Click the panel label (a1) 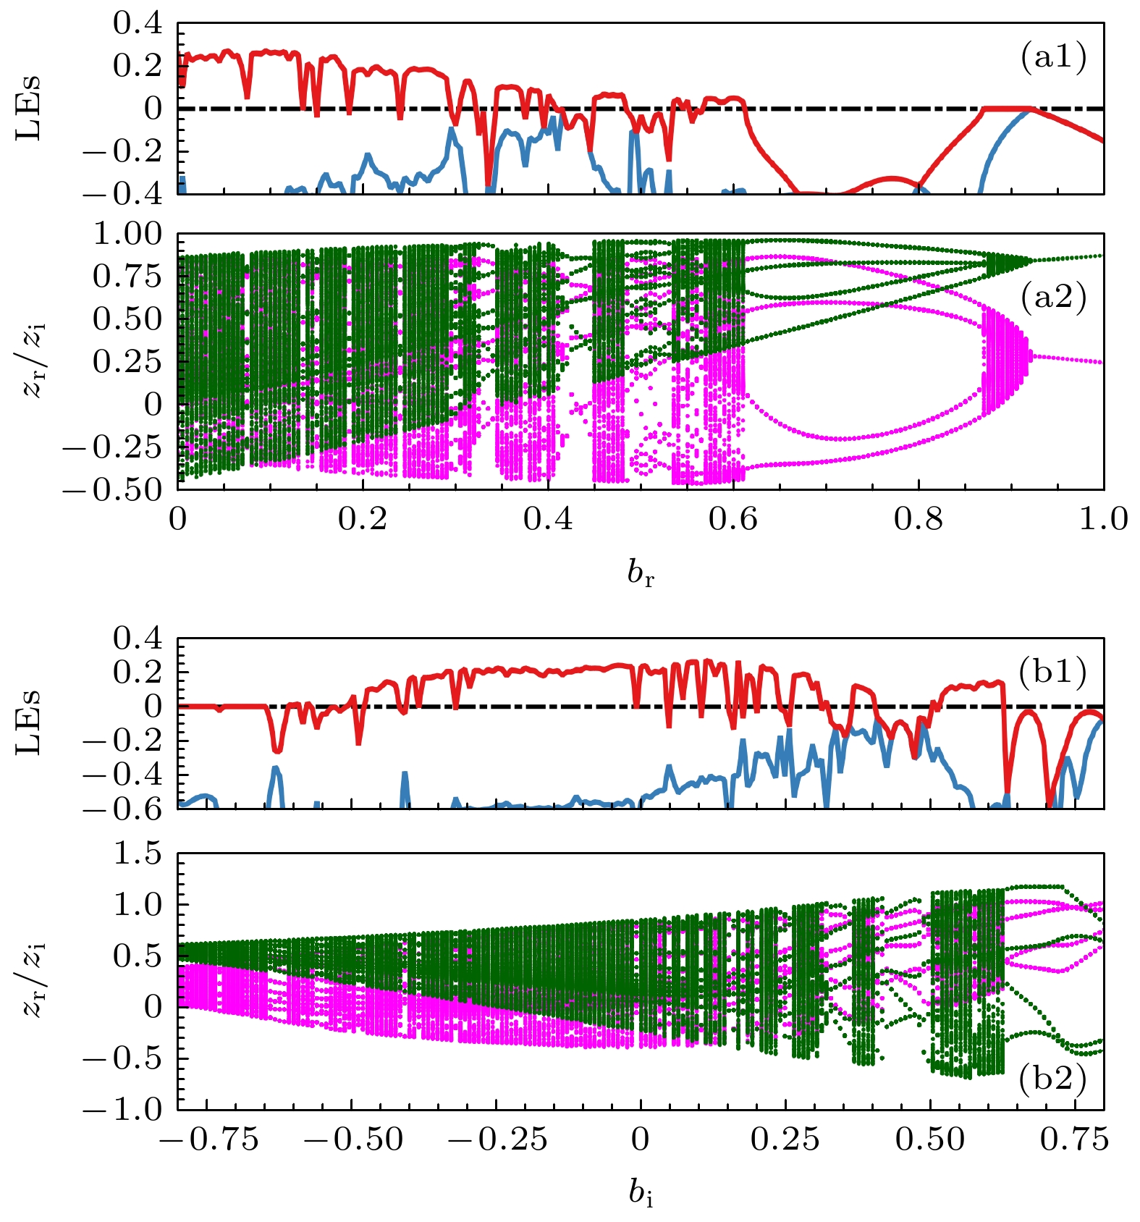coord(1053,57)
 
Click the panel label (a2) coord(1053,296)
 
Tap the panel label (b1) coord(1052,673)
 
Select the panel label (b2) coord(1052,1079)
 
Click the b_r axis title coord(641,573)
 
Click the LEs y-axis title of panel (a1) coord(29,108)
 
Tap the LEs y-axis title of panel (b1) coord(29,722)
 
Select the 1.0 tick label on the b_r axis coord(1103,519)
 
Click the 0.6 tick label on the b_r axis coord(732,519)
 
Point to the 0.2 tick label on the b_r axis coord(363,519)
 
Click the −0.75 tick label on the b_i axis coord(208,1139)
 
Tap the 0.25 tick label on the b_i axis coord(785,1139)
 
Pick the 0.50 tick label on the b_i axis coord(929,1139)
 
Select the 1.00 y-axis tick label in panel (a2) coord(128,234)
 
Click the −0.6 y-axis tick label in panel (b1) coord(123,808)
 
